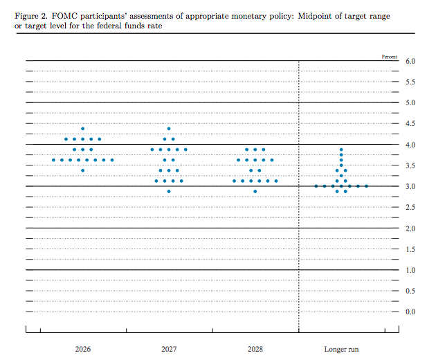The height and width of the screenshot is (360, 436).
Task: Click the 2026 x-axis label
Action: (x=83, y=349)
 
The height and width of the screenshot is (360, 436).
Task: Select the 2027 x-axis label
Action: (x=169, y=349)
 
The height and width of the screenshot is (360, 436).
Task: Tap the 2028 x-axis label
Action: (x=255, y=349)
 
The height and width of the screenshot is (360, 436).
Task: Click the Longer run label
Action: (x=341, y=349)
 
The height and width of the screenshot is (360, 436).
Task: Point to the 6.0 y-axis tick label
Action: (x=410, y=61)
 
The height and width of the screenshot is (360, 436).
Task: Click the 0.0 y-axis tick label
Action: (x=410, y=312)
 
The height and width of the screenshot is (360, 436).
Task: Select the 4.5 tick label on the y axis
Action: (x=410, y=123)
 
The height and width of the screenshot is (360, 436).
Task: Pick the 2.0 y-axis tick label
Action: (x=410, y=228)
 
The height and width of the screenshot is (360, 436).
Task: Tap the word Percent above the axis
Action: (x=390, y=57)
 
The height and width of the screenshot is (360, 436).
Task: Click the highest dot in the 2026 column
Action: (x=82, y=129)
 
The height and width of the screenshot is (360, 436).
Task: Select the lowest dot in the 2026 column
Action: (x=82, y=170)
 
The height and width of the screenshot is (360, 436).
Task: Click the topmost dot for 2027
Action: (x=169, y=129)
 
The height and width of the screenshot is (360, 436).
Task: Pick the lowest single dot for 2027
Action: (x=169, y=191)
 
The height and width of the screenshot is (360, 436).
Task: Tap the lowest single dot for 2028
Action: (x=255, y=191)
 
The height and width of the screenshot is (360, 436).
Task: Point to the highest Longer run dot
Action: (x=341, y=150)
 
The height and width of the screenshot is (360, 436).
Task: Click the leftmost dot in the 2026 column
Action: (x=53, y=160)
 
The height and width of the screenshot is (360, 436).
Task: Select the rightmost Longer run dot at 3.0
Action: (x=366, y=186)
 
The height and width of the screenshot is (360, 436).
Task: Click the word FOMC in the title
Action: (x=64, y=16)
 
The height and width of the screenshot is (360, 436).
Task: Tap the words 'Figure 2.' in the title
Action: (x=31, y=16)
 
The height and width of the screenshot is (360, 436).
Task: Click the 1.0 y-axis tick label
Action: (x=410, y=270)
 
